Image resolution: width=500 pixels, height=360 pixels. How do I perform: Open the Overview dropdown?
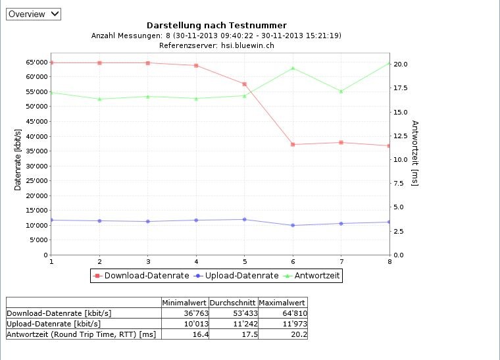coord(34,14)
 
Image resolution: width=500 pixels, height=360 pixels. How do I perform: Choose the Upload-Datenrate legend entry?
coord(237,276)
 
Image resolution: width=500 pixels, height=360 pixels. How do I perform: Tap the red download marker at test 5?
coord(244,84)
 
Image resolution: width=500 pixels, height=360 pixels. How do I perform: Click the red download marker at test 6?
coord(293,144)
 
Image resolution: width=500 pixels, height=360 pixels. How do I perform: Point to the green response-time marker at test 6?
coord(293,68)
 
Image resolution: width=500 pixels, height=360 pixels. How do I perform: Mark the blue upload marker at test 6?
coord(293,225)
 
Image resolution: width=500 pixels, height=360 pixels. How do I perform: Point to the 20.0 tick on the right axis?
coord(401,64)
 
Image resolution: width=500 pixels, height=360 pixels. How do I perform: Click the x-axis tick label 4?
coord(196,261)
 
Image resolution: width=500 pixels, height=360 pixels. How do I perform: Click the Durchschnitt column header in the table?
coord(233,303)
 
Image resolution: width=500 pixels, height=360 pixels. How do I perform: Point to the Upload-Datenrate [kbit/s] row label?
coord(54,324)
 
